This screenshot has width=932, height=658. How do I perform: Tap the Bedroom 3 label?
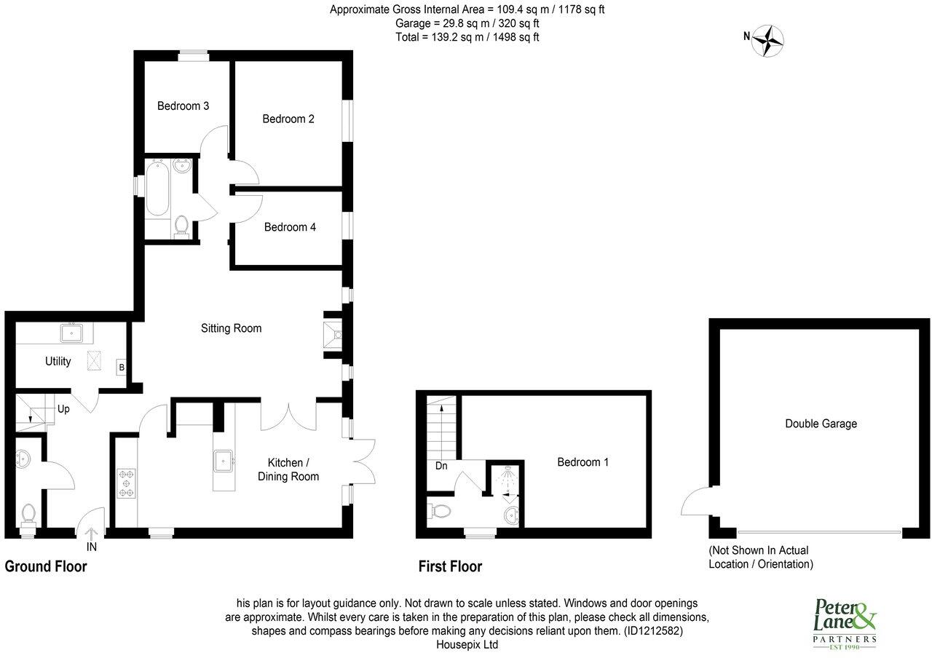(183, 106)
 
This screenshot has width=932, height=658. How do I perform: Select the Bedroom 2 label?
(288, 119)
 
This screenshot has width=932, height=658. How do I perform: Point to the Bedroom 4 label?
(290, 227)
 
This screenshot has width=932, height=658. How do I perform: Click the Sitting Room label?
(231, 328)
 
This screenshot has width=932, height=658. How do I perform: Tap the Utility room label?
(58, 361)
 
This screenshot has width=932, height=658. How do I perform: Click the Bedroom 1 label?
(582, 462)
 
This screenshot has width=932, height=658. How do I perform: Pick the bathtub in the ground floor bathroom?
(157, 189)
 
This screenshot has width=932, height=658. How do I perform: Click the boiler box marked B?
(122, 368)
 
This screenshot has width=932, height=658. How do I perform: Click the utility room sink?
(72, 334)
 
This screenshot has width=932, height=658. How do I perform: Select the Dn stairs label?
(441, 466)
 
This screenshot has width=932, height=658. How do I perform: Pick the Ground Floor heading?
(46, 566)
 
